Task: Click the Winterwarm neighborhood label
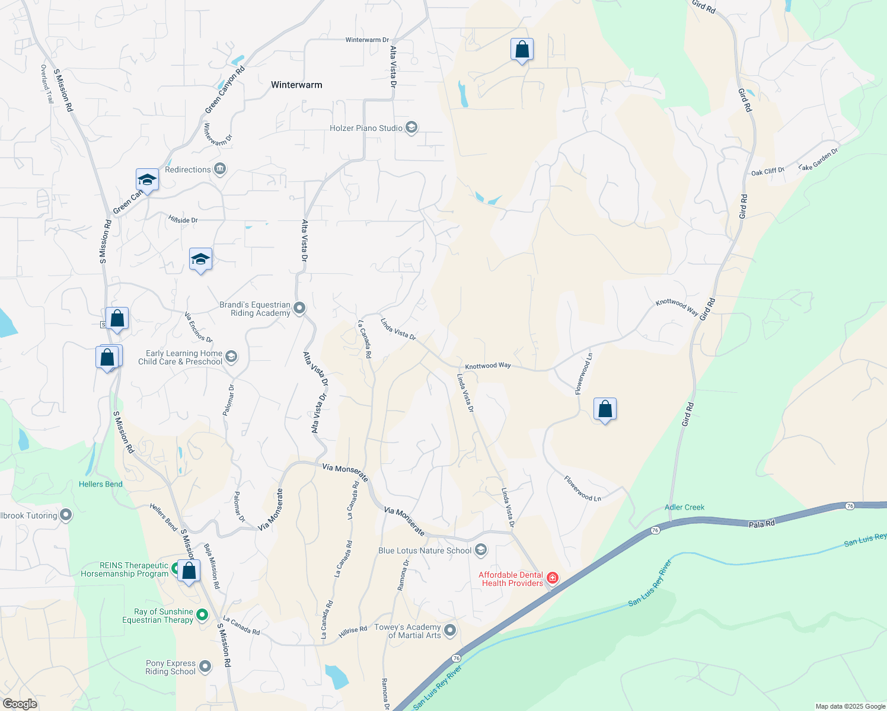(296, 85)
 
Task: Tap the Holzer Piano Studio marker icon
(411, 127)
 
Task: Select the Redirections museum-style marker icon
(219, 169)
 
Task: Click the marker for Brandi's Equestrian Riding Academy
(299, 308)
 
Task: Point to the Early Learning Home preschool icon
(231, 357)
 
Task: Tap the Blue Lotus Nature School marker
(481, 550)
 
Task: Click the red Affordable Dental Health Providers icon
(552, 578)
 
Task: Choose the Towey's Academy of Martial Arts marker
(450, 630)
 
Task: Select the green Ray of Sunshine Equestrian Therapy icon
(202, 615)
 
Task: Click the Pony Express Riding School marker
(205, 667)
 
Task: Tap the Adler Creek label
(684, 507)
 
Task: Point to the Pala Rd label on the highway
(761, 524)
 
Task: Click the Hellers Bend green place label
(101, 484)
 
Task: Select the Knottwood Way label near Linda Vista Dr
(487, 366)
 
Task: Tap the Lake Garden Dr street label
(818, 159)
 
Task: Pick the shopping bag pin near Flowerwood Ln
(605, 409)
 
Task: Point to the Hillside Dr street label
(183, 220)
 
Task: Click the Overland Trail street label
(47, 84)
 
